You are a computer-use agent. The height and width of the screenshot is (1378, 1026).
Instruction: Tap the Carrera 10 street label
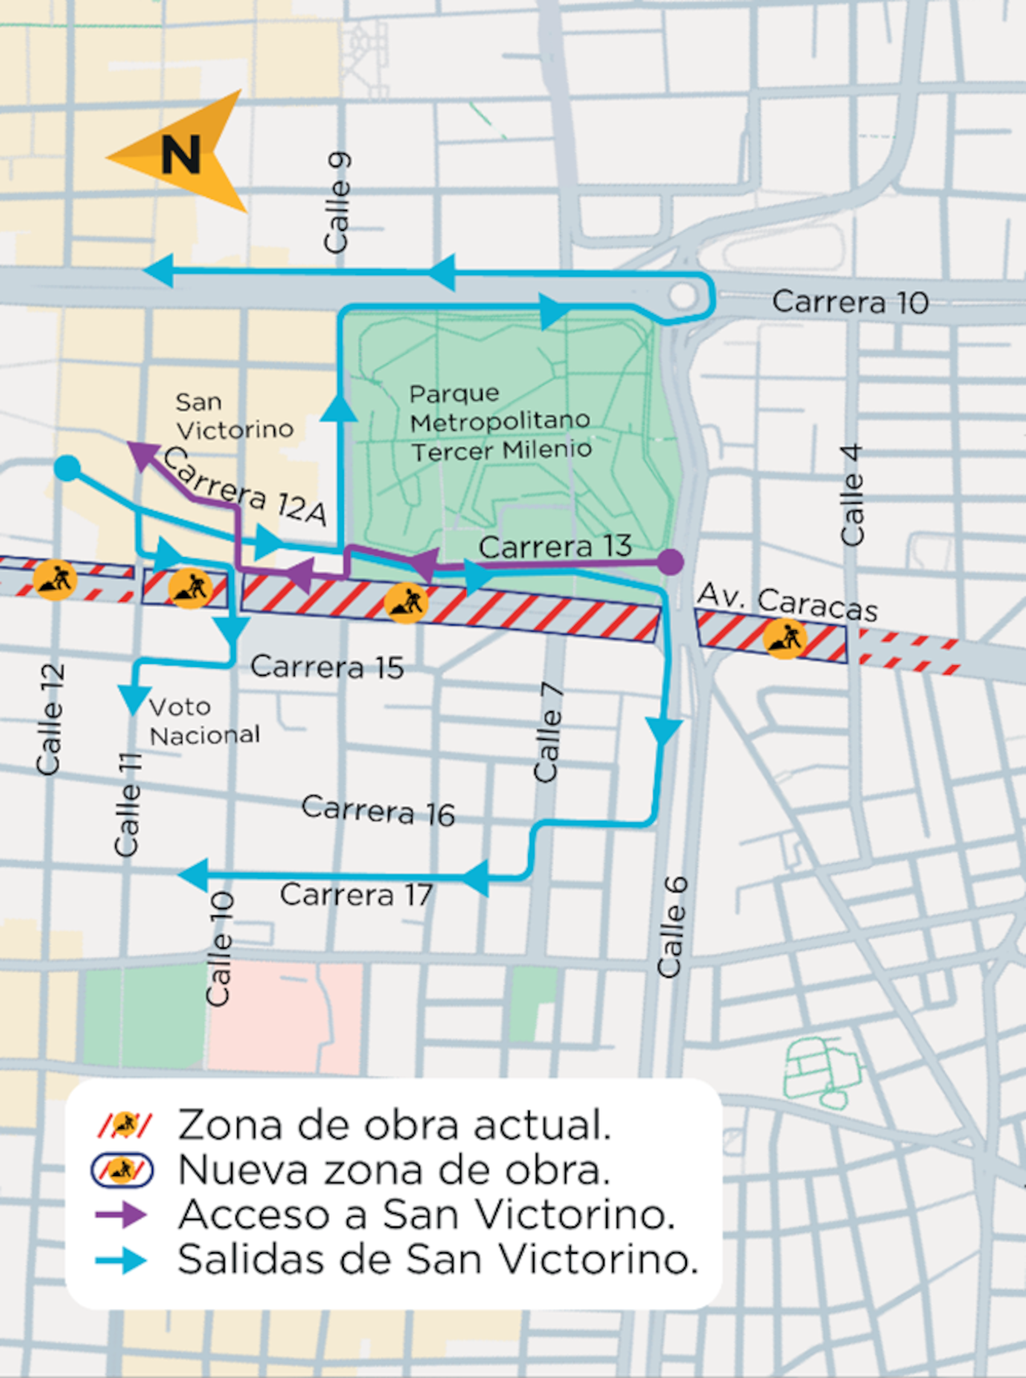(850, 302)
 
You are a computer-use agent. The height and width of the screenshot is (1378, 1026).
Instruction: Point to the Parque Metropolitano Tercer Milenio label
(500, 422)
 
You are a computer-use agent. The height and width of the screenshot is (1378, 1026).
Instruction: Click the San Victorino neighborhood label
(233, 416)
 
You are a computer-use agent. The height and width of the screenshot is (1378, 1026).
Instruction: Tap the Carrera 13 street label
(555, 547)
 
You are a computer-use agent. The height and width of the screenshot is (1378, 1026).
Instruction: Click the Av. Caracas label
(787, 602)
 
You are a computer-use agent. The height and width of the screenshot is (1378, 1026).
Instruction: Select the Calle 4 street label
(852, 495)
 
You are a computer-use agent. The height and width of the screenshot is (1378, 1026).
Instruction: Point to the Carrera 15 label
(326, 667)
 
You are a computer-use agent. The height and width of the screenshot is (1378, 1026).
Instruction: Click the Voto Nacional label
(204, 721)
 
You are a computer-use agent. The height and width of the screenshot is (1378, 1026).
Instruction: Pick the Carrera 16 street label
(378, 810)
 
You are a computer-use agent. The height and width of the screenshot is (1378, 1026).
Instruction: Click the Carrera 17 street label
(356, 895)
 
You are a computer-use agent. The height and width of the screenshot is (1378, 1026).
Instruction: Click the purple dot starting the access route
(671, 562)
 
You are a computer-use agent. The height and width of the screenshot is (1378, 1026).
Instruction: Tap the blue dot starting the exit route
(67, 468)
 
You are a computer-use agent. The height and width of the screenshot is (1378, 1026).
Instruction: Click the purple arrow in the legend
(121, 1214)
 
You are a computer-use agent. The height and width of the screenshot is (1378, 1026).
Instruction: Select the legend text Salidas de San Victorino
(438, 1259)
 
